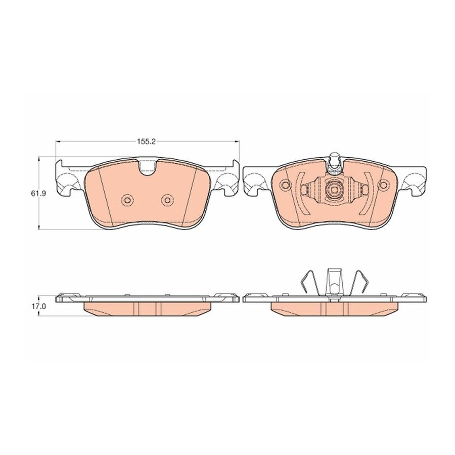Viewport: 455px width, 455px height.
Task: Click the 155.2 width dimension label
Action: pos(147,142)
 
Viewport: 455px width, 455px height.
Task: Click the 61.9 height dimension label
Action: pos(37,194)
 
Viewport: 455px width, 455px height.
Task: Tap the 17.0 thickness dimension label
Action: pos(37,306)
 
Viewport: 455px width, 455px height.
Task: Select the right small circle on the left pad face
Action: pos(166,200)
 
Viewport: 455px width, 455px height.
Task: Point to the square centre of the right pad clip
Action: pos(334,190)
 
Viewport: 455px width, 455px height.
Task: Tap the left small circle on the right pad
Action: pos(286,185)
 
